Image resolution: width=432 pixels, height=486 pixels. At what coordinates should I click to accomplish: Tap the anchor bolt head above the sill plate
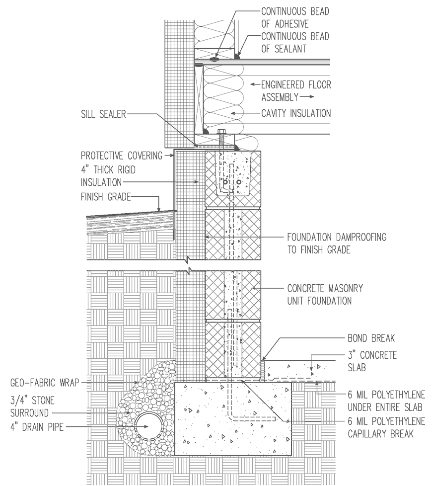click(221, 133)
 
